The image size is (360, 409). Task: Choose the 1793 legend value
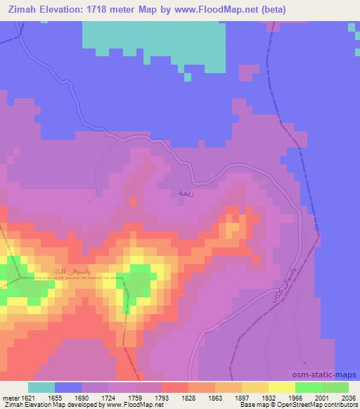(x=162, y=397)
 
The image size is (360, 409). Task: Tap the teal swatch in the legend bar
(x=41, y=387)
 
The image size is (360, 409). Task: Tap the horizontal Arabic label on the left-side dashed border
(x=68, y=271)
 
